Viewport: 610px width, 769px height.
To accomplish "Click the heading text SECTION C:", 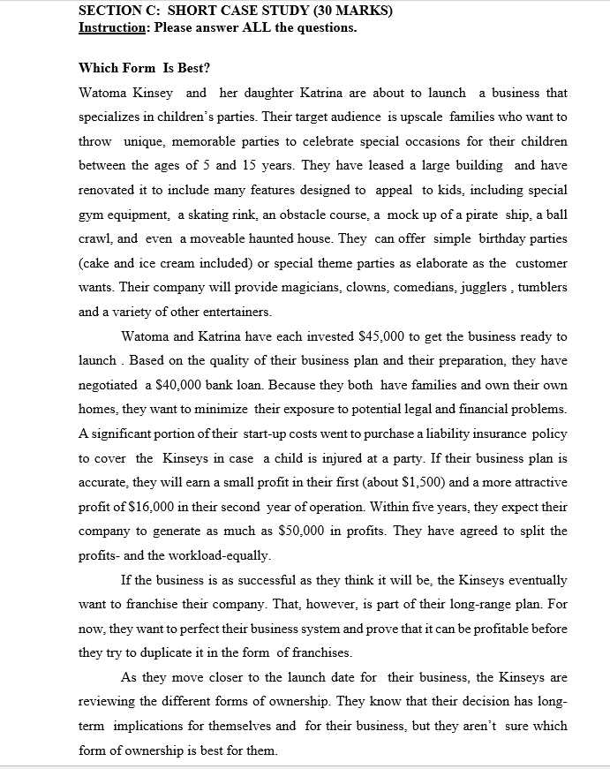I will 118,11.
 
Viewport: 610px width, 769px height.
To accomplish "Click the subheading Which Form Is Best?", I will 145,68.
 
